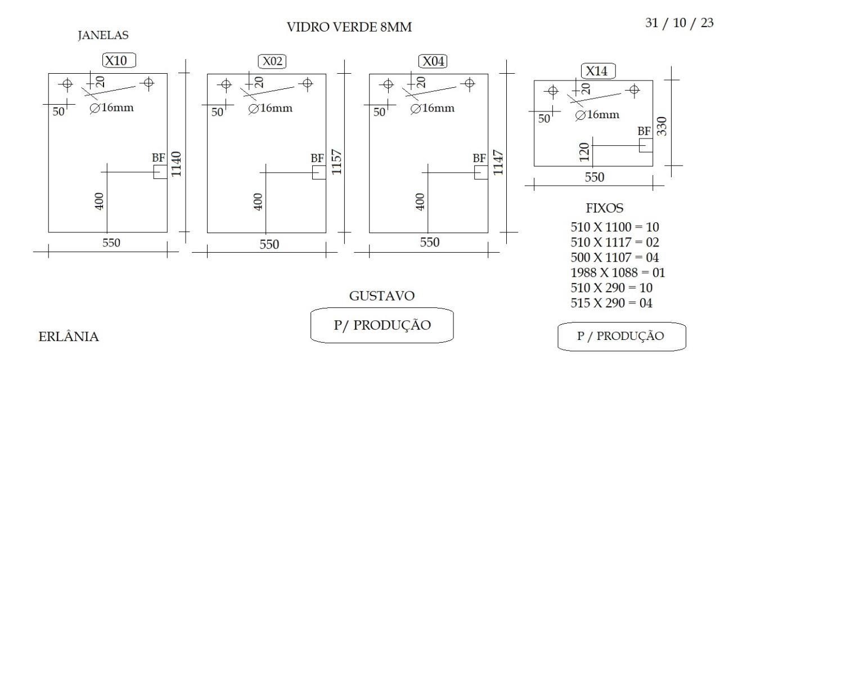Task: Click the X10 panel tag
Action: point(119,60)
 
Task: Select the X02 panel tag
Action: point(272,61)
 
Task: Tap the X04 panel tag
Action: point(433,61)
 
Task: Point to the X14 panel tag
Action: point(598,71)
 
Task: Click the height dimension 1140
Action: point(176,164)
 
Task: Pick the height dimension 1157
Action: point(336,162)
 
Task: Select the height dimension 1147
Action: point(498,162)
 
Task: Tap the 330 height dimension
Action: point(661,126)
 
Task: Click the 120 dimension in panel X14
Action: point(584,152)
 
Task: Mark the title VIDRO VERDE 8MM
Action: point(349,27)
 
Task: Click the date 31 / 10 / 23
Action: point(679,23)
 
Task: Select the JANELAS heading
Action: point(103,35)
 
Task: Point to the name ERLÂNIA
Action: point(69,336)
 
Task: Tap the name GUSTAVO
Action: point(382,295)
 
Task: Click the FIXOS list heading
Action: point(604,208)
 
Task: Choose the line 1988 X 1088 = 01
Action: point(618,272)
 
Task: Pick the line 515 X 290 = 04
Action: point(611,303)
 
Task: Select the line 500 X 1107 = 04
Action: point(615,257)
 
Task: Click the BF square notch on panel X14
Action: point(646,145)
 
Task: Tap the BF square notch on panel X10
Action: point(160,172)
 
